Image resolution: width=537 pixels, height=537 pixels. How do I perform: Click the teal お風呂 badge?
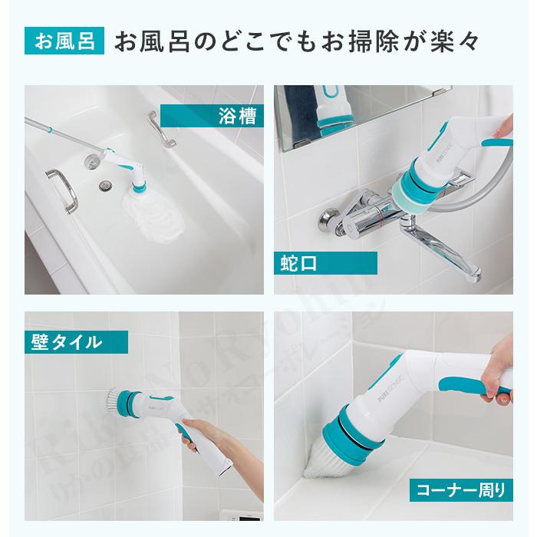pyautogui.click(x=64, y=41)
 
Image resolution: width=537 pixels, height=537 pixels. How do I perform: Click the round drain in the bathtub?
pyautogui.click(x=105, y=184)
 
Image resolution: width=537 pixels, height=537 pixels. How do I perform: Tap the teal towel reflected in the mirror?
pyautogui.click(x=303, y=107)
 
